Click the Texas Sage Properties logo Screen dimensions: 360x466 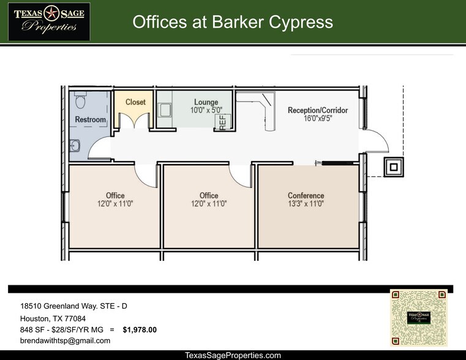pos(48,21)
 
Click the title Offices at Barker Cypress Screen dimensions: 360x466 pos(233,23)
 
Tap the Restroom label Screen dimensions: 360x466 pos(90,119)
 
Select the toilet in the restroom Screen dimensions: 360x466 pos(80,99)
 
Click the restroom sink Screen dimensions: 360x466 pos(75,146)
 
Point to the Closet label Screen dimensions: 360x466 pos(135,102)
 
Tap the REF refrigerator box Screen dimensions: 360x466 pos(223,121)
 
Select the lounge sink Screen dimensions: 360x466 pos(164,110)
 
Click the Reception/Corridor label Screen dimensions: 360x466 pos(318,114)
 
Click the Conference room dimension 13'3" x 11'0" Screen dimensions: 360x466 pos(306,204)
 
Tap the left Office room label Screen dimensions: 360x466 pos(115,200)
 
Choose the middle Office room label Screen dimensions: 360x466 pos(209,200)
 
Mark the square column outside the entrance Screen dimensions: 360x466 pos(393,166)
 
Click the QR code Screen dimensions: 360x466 pos(419,318)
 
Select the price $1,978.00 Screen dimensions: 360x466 pos(140,330)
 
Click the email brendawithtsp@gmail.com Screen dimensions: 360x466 pos(65,341)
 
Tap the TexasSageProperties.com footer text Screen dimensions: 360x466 pos(233,355)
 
